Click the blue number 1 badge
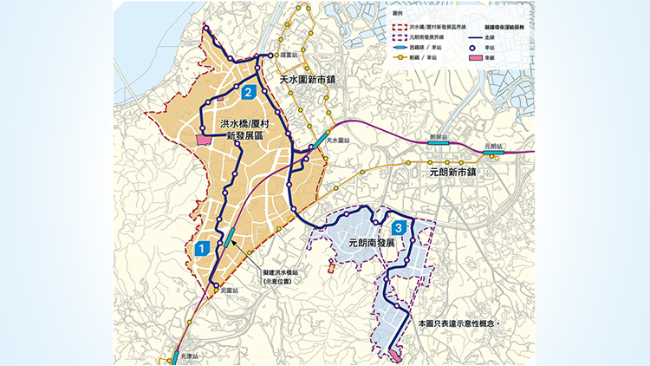click(x=202, y=247)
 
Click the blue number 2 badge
click(x=248, y=92)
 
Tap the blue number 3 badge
click(x=397, y=227)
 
